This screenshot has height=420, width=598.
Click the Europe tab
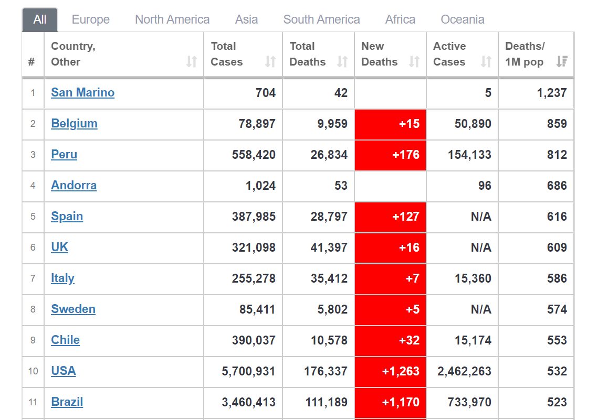tap(90, 19)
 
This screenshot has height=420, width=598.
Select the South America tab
tap(321, 19)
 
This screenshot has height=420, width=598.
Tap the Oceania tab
tap(462, 19)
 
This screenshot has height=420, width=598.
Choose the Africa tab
tap(400, 19)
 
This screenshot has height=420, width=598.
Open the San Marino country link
tap(82, 93)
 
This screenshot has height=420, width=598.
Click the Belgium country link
tap(74, 124)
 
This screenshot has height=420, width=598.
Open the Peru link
tap(64, 155)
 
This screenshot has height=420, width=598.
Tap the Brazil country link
tap(67, 402)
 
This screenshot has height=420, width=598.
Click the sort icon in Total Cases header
tap(270, 62)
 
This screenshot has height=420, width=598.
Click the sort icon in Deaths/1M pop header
tap(562, 62)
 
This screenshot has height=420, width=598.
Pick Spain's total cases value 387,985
tap(254, 217)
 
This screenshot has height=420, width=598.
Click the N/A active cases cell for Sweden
tap(481, 309)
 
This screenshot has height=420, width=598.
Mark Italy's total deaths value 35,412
tap(329, 278)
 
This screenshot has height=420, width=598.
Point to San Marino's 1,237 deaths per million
tap(552, 93)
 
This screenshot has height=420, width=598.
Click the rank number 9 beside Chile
tap(33, 340)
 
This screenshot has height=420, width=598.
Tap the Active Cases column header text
tap(449, 54)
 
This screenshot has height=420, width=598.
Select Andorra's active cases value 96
tap(485, 186)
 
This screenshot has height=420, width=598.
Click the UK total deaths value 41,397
tap(329, 247)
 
